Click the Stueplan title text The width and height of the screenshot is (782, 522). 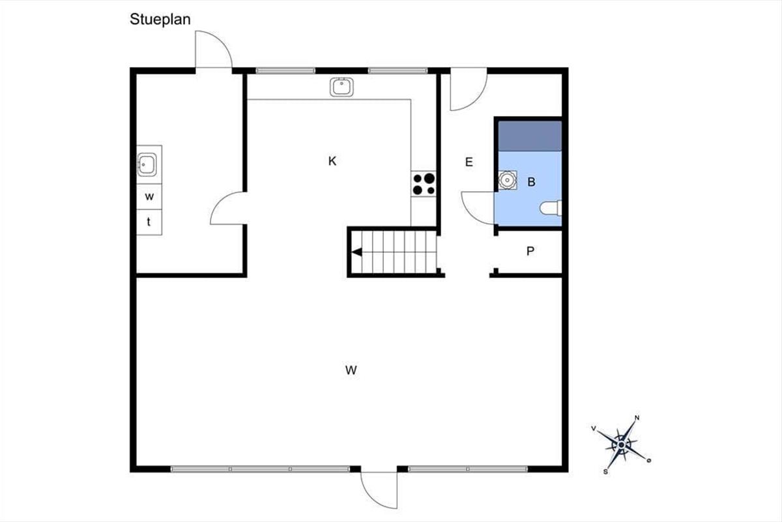tap(160, 20)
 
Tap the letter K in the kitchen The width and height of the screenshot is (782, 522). tap(332, 161)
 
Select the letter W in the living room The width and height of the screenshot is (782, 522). tap(351, 370)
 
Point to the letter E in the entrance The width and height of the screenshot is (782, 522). tap(469, 162)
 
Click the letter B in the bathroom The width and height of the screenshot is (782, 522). tap(531, 182)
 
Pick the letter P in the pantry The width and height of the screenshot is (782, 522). tap(530, 251)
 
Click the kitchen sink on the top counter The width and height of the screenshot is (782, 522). tap(341, 87)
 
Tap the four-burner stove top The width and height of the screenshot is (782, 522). tap(424, 184)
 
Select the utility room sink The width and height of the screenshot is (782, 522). tap(147, 164)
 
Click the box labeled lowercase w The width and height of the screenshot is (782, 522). tap(149, 196)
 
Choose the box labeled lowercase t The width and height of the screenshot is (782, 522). tap(149, 222)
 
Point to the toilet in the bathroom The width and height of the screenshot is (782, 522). tap(551, 208)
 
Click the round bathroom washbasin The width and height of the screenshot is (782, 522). tap(507, 180)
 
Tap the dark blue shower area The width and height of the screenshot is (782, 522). tap(530, 136)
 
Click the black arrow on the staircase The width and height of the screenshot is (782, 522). tap(356, 252)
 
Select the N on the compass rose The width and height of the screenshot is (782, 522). tap(637, 418)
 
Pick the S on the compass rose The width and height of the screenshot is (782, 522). tap(605, 472)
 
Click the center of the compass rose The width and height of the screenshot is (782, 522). tap(621, 445)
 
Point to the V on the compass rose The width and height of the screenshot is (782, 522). tap(594, 428)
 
